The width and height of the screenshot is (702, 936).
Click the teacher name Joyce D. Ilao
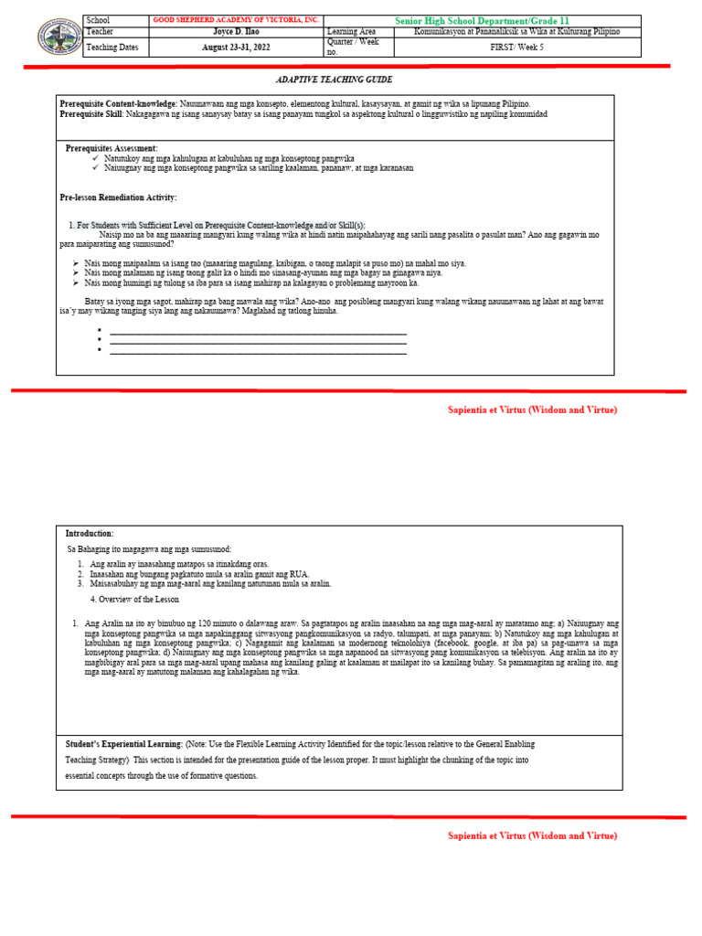coord(235,31)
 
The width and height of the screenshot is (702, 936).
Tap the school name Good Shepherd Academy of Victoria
coord(235,20)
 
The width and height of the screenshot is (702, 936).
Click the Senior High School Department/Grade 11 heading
coord(483,20)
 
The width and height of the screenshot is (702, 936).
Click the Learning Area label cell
coord(351,31)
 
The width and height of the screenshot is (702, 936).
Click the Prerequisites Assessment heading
coord(112,148)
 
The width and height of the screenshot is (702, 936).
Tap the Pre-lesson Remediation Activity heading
coord(118,197)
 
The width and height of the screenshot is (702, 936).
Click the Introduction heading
coord(90,533)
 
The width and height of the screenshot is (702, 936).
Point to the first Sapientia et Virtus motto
coord(532,409)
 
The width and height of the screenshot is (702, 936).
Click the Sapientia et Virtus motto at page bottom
coord(532,835)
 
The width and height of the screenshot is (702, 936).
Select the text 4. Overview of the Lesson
coord(134,600)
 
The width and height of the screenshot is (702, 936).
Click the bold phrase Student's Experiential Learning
coord(123,744)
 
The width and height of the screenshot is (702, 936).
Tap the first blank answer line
coord(258,332)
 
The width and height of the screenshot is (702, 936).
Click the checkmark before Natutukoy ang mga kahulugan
coord(96,158)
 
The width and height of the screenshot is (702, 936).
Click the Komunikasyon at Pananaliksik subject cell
coord(516,31)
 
